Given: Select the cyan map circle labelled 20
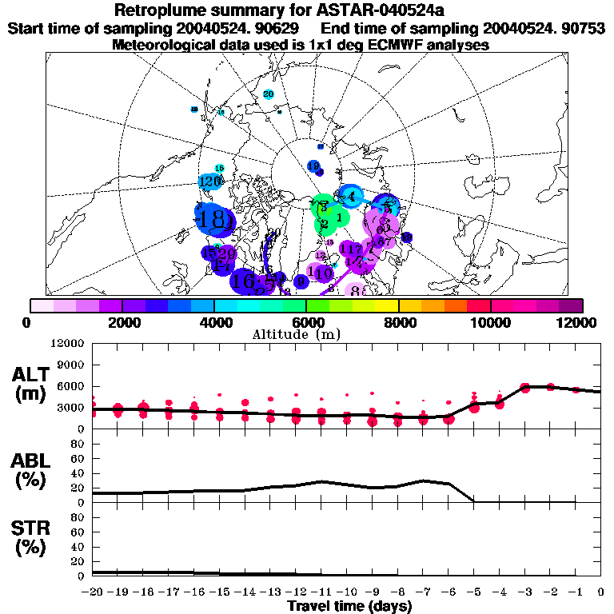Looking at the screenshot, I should coord(269,95).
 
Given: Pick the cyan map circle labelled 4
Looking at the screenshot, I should coord(350,196).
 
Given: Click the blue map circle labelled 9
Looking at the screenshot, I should coord(301,281).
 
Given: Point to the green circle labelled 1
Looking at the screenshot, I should coord(340,217).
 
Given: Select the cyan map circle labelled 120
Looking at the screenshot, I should coord(209,181).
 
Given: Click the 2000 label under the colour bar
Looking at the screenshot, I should coord(120,322).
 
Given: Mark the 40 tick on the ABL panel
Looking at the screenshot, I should coord(78,472).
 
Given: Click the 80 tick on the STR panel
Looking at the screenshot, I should coord(78,517).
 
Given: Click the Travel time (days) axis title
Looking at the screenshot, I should coord(349,606).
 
